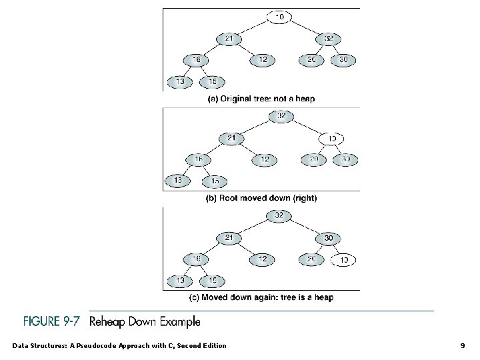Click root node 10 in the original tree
(x=279, y=16)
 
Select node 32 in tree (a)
(x=328, y=39)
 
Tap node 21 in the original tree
(x=229, y=39)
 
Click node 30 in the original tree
(x=343, y=60)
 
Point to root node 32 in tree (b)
(x=281, y=117)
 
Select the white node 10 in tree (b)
(x=331, y=139)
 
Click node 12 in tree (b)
(x=265, y=159)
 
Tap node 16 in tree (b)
(x=198, y=159)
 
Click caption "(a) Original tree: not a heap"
(x=261, y=99)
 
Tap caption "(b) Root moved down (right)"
(x=261, y=198)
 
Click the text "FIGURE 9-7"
(x=53, y=322)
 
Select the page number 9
(x=463, y=345)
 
